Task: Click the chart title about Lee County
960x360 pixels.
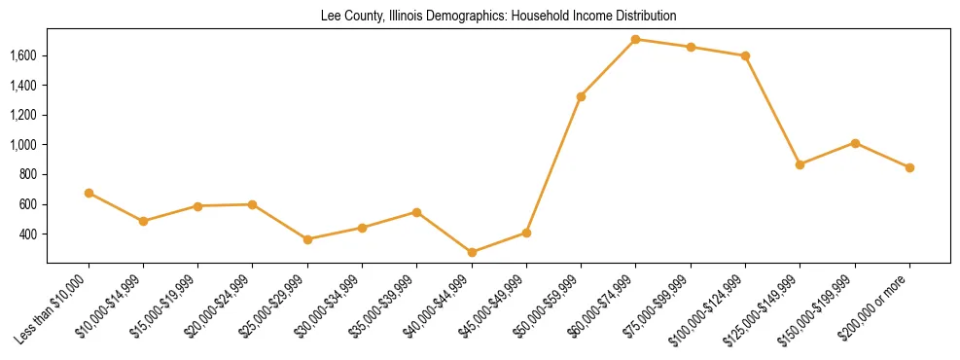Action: (498, 17)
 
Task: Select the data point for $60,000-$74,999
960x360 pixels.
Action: (635, 40)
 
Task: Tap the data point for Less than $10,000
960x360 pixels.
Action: (89, 193)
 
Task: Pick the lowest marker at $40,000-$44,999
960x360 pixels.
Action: (472, 252)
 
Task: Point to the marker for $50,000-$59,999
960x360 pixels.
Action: (581, 96)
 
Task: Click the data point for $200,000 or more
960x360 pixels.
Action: (909, 167)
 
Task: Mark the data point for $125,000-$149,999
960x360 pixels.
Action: (800, 164)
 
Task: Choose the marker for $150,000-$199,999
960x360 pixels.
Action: (855, 143)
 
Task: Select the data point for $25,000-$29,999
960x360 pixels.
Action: (307, 239)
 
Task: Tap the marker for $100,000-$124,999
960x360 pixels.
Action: (745, 55)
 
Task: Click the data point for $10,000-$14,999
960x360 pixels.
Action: (143, 221)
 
